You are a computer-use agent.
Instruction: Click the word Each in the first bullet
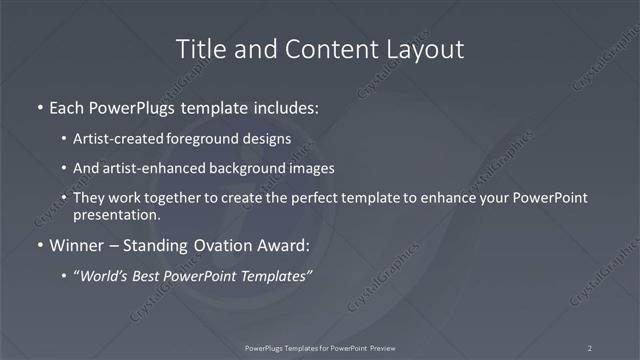click(69, 105)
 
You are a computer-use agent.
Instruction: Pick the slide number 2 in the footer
click(590, 347)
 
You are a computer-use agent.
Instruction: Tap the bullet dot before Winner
click(39, 245)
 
